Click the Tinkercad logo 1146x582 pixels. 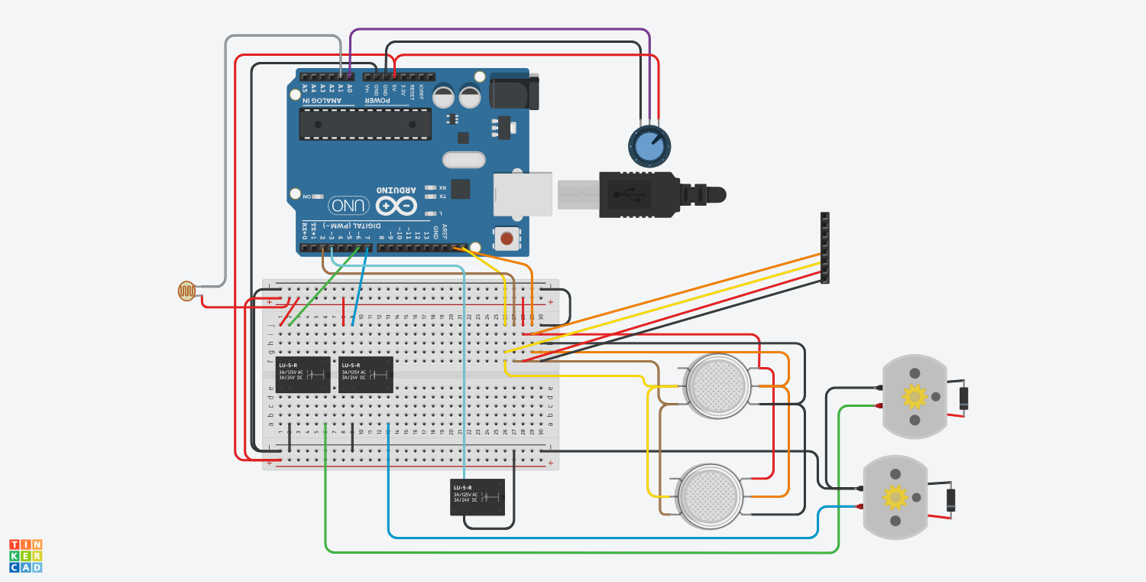(x=25, y=555)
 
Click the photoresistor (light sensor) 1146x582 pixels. (x=186, y=291)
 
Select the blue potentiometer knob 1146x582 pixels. (x=649, y=145)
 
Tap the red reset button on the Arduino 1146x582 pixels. (x=506, y=239)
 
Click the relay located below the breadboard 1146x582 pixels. (x=477, y=496)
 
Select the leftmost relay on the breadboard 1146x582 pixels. (x=303, y=375)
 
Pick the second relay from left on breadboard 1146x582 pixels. (x=366, y=375)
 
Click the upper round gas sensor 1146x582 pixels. (x=717, y=386)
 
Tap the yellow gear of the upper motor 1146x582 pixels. (x=915, y=396)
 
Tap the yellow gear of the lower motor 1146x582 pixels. (x=895, y=497)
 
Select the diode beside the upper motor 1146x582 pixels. (x=964, y=398)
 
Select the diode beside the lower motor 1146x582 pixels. (x=951, y=499)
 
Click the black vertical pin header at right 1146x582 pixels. (x=824, y=249)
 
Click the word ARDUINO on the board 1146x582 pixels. (x=397, y=190)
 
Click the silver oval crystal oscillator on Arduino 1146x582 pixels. (x=464, y=161)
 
